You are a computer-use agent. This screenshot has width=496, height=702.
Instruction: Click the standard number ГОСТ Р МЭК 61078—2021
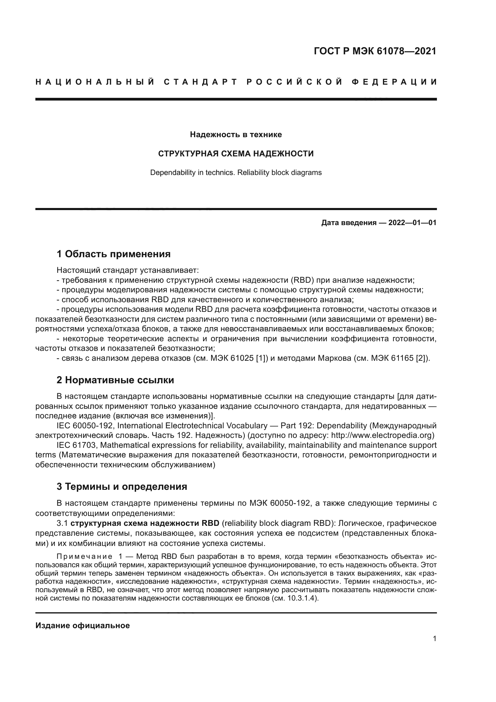click(375, 51)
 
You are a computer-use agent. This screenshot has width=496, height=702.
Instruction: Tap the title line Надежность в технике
click(236, 134)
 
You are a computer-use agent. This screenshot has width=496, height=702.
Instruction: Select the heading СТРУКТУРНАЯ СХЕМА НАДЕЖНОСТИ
click(236, 153)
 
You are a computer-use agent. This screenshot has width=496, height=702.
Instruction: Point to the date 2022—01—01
click(412, 223)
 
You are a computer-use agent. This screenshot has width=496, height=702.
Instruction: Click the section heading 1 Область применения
click(113, 254)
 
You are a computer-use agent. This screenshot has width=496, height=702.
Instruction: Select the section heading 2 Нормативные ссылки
click(115, 380)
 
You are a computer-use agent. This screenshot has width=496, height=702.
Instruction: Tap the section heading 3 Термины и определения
click(121, 487)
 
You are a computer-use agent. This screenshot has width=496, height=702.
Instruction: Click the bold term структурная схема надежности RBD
click(145, 523)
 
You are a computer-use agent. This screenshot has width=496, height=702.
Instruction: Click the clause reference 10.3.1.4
click(300, 598)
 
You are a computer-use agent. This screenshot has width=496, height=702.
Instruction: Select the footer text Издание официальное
click(82, 625)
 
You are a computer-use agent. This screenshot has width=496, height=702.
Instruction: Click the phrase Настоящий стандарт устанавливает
click(128, 270)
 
